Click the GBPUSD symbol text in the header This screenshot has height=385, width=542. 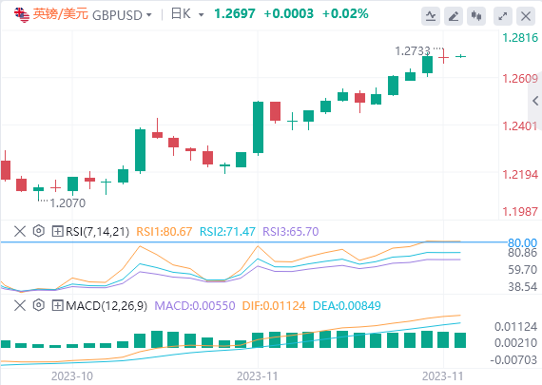point(117,15)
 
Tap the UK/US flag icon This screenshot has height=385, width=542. point(22,15)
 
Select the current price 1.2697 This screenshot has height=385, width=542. point(235,14)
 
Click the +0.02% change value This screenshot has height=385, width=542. point(345,14)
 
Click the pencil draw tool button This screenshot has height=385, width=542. point(454,16)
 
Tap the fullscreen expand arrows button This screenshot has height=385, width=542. point(503,16)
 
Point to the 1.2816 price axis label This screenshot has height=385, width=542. point(520,37)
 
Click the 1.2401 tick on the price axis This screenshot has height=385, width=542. point(520,126)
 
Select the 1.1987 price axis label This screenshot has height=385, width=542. point(520,211)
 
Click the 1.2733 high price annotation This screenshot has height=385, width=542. point(413,51)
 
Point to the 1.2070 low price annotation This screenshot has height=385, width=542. point(68,202)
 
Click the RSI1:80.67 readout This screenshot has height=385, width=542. point(165,231)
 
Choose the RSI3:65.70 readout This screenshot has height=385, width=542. point(291,231)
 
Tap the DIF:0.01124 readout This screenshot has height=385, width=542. point(274,305)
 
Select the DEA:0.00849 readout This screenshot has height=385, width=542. point(347,305)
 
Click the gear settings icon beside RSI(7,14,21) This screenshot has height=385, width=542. point(39,231)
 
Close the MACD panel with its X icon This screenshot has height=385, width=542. point(20,305)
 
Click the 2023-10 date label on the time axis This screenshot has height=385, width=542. point(72,376)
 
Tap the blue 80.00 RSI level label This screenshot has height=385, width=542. point(522,242)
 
